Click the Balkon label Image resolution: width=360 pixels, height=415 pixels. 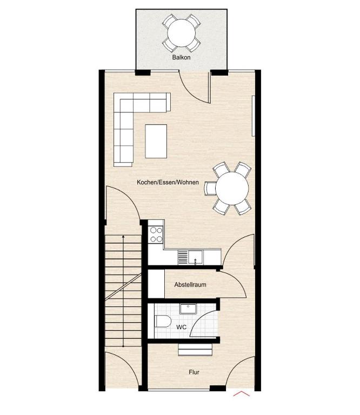[x=181, y=57]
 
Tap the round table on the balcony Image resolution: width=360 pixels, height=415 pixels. [x=182, y=33]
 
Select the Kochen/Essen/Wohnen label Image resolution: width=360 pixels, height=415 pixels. [x=168, y=182]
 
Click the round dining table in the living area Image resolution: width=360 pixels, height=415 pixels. [x=232, y=189]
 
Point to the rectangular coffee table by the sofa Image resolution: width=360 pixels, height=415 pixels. [x=156, y=141]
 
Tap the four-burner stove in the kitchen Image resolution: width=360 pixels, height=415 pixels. [x=156, y=235]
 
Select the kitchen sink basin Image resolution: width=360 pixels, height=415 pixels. [x=196, y=257]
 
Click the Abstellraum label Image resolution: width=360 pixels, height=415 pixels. [x=190, y=285]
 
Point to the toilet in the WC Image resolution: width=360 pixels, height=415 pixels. [x=162, y=321]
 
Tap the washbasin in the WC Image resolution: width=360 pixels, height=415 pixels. [x=188, y=309]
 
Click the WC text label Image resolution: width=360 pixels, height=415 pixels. [x=181, y=327]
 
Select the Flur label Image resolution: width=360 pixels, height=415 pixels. [x=194, y=372]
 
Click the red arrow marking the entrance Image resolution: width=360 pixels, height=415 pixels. [x=241, y=393]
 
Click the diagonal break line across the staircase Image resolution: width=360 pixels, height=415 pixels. [x=123, y=286]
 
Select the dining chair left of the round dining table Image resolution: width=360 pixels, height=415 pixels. [x=210, y=189]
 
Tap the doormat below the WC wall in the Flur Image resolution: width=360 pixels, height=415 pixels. [x=195, y=350]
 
